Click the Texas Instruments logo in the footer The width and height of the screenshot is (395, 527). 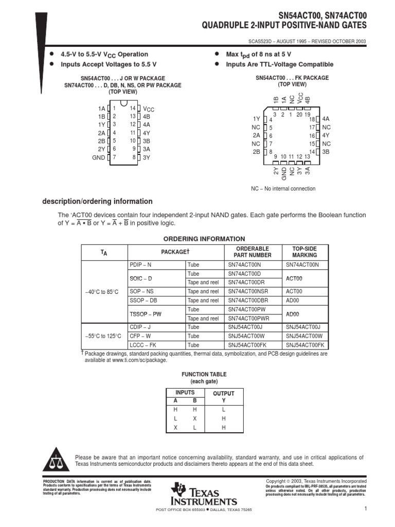[205, 494]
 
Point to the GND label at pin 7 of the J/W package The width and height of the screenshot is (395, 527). [99, 157]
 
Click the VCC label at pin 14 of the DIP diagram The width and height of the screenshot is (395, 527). [148, 109]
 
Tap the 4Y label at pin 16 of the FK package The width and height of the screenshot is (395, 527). [326, 135]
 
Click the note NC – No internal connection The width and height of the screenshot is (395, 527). [283, 189]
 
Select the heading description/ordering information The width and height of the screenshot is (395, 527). [97, 202]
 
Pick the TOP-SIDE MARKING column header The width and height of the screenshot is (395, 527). [304, 252]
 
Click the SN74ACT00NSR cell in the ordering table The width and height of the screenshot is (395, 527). [248, 292]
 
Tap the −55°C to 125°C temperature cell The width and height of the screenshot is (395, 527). [103, 336]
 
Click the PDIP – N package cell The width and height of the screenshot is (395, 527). [140, 265]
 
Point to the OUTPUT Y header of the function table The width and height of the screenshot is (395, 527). [224, 397]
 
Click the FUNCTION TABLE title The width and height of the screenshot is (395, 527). [204, 374]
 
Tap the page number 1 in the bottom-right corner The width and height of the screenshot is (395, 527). [364, 509]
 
